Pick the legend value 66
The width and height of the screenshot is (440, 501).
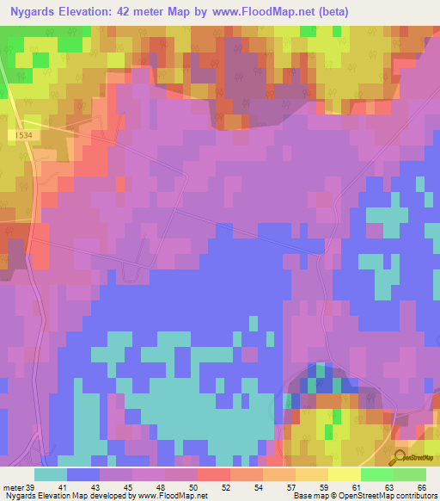[x=422, y=486]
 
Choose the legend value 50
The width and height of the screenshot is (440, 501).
[x=193, y=486]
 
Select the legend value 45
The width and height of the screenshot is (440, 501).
[x=128, y=486]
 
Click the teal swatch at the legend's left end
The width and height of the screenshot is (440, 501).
[x=51, y=474]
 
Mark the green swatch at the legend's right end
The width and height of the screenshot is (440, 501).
[x=409, y=474]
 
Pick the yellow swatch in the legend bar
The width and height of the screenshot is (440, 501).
[x=344, y=474]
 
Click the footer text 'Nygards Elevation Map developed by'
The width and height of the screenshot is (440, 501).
[x=61, y=495]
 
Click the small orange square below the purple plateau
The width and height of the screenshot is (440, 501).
[x=232, y=121]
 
